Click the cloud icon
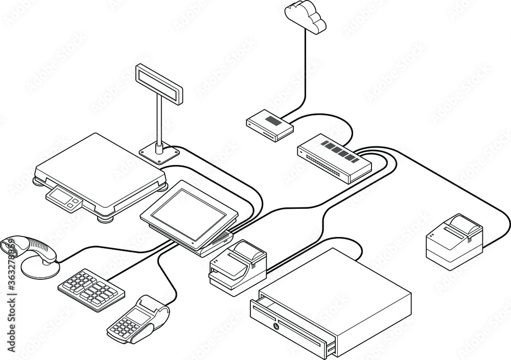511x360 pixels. click(x=306, y=17)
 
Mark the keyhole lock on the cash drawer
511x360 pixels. click(x=276, y=325)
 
